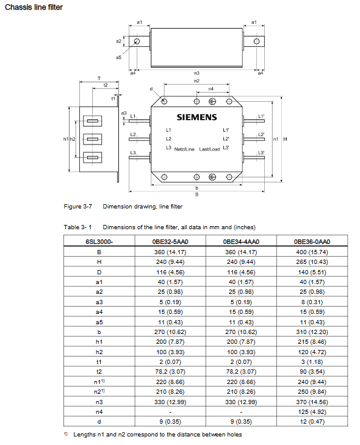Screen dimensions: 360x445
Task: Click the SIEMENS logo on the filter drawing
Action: coord(196,117)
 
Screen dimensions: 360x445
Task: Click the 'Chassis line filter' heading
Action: coord(34,7)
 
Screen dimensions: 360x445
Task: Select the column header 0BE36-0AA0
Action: coord(312,241)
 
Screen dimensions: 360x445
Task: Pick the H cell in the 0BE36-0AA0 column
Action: coord(312,262)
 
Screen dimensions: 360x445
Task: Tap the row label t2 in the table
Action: coord(99,371)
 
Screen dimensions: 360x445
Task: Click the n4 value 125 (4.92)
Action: coord(312,412)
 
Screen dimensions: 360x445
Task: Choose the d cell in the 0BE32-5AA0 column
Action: coord(170,422)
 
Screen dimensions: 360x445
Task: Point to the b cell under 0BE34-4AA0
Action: coord(241,332)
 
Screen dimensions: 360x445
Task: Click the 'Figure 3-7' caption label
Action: coord(78,206)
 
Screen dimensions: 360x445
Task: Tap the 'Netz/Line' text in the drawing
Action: coord(184,149)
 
